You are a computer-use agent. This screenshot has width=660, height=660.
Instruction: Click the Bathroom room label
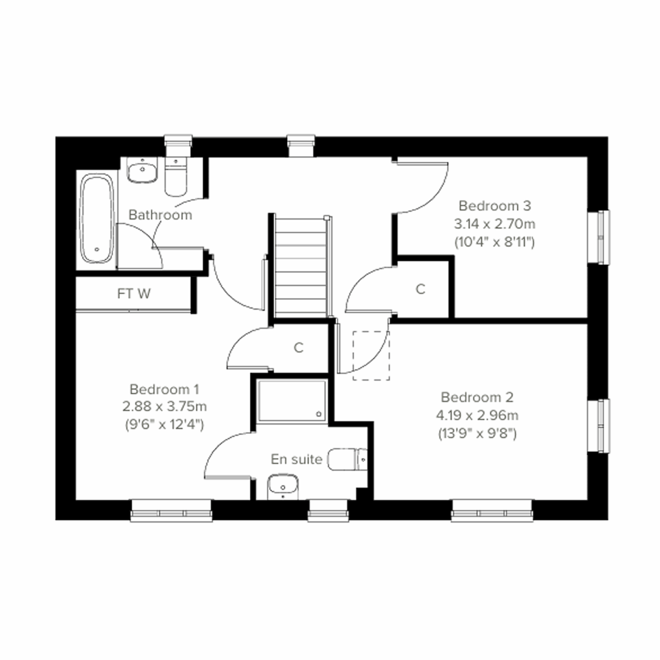click(160, 215)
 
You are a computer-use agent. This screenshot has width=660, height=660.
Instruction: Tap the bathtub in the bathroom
click(97, 219)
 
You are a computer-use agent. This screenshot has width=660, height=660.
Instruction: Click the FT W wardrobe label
click(134, 294)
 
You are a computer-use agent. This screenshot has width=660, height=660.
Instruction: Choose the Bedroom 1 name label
click(164, 389)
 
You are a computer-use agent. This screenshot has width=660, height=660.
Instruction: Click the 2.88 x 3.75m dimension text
click(164, 407)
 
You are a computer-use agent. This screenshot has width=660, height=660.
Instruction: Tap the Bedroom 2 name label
click(477, 397)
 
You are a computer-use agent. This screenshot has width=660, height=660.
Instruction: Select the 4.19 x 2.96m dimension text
click(477, 415)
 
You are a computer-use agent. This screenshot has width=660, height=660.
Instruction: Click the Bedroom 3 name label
click(494, 206)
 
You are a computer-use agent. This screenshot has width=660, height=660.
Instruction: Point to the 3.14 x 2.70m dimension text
click(494, 224)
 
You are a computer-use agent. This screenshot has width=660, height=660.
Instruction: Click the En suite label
click(296, 459)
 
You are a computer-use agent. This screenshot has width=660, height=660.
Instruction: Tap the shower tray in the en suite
click(292, 401)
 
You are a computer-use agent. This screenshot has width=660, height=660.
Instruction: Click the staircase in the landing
click(301, 266)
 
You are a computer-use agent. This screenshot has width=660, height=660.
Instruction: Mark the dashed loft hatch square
click(372, 355)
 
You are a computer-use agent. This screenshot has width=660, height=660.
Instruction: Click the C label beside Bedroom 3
click(421, 289)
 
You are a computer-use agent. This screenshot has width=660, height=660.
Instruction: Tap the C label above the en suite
click(299, 348)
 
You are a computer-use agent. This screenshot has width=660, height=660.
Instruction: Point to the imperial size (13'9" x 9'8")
click(477, 433)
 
